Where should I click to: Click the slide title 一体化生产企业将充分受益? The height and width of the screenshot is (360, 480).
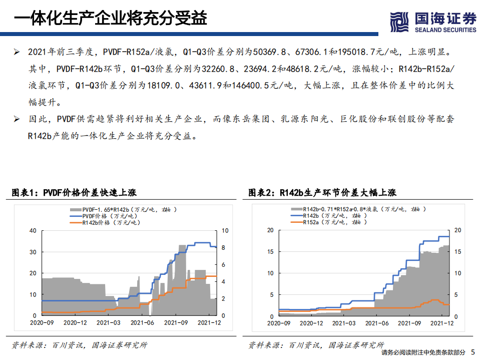click(110, 19)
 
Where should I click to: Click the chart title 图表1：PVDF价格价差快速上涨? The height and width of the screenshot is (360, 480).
click(74, 193)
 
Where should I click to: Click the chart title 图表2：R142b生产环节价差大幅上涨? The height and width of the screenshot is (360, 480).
click(322, 193)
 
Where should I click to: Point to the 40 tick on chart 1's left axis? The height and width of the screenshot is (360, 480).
click(33, 231)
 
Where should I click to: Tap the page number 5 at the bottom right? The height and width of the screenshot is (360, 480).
click(473, 352)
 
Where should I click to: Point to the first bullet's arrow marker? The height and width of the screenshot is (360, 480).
click(17, 52)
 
